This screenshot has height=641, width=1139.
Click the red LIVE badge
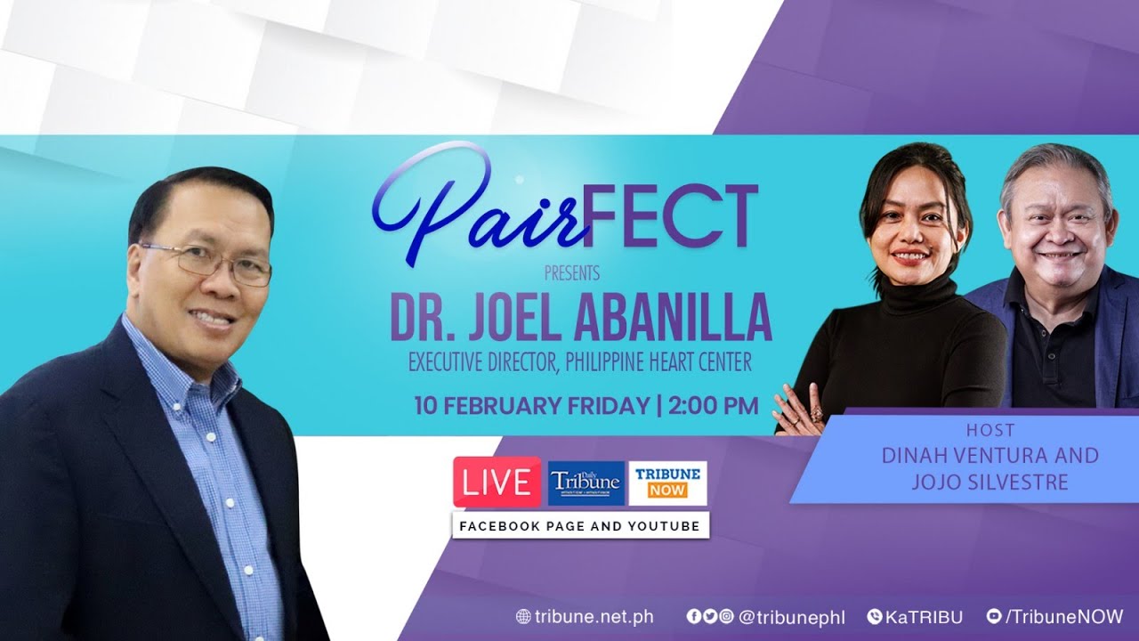[x=497, y=483]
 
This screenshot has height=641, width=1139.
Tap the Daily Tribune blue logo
[x=585, y=483]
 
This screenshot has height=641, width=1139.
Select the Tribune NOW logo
[x=667, y=483]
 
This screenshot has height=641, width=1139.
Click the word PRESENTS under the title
[x=570, y=272]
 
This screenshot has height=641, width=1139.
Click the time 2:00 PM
[x=713, y=406]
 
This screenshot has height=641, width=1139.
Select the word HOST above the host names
[x=990, y=431]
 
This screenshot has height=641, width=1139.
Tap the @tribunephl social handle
[x=792, y=616]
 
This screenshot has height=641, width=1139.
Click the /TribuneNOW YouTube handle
[x=1063, y=616]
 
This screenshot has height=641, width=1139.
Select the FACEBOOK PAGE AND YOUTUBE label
[x=579, y=526]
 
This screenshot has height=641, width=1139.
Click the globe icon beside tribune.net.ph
[x=523, y=616]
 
